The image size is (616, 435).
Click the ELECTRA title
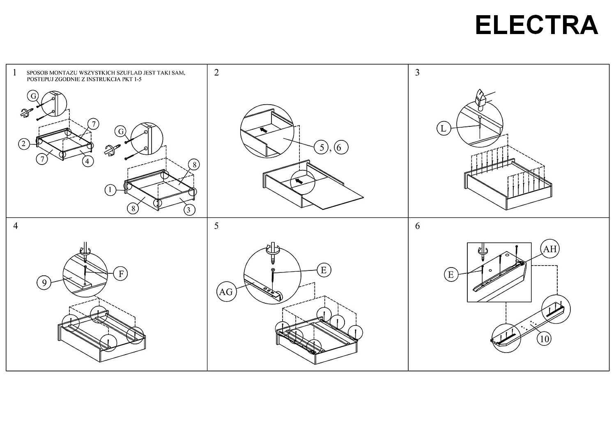pyautogui.click(x=536, y=25)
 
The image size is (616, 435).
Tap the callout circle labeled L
pyautogui.click(x=443, y=128)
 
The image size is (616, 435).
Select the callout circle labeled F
pyautogui.click(x=121, y=273)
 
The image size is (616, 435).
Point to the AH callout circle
pyautogui.click(x=550, y=249)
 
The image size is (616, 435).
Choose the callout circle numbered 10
pyautogui.click(x=544, y=339)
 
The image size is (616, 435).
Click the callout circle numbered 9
pyautogui.click(x=44, y=282)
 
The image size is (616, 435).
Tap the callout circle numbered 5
pyautogui.click(x=322, y=147)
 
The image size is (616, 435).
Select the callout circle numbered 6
pyautogui.click(x=340, y=147)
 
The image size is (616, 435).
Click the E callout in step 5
pyautogui.click(x=324, y=270)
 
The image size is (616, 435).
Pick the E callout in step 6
pyautogui.click(x=451, y=274)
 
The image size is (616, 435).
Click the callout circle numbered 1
pyautogui.click(x=110, y=190)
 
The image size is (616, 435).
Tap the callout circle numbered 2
pyautogui.click(x=24, y=144)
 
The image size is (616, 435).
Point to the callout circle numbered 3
pyautogui.click(x=188, y=210)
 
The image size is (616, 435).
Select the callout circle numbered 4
pyautogui.click(x=87, y=161)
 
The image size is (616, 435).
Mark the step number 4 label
pyautogui.click(x=16, y=226)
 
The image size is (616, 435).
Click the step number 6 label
pyautogui.click(x=418, y=226)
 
